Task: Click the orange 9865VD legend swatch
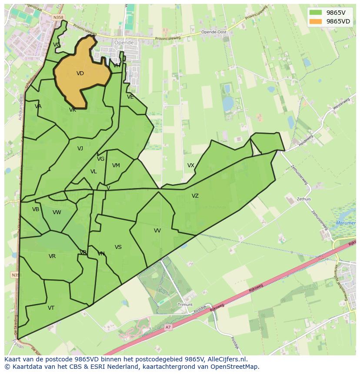coord(316,21)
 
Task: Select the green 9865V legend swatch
coord(316,13)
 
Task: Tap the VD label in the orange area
coord(80,73)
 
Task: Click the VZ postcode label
coord(195,196)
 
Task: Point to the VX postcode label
coord(191,165)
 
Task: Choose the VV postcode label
coord(157,231)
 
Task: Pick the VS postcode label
coord(118,247)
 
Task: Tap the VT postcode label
coord(51,308)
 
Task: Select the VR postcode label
coord(52,256)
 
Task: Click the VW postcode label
coord(57,212)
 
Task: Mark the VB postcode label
coord(36,209)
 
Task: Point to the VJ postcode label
coord(80,149)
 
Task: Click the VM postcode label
coord(116,165)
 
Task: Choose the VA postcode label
coord(38,106)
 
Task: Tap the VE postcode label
coord(130,97)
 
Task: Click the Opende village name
coord(123,43)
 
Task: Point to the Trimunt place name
coord(185,305)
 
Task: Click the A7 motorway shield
coord(168,327)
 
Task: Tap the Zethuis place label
coord(304,199)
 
